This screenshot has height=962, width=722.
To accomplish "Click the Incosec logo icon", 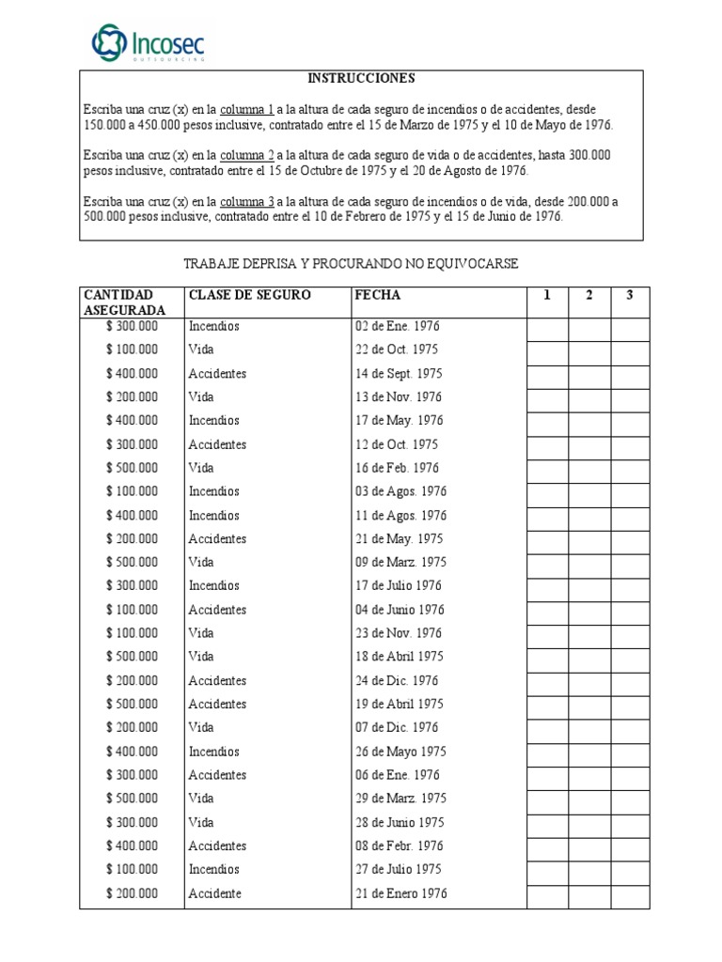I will [107, 42].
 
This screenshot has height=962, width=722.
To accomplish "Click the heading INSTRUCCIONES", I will [362, 79].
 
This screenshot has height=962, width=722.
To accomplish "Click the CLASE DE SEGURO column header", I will [249, 295].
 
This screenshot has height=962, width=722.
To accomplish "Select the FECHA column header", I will [377, 295].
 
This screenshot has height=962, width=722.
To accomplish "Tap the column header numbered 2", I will [589, 296].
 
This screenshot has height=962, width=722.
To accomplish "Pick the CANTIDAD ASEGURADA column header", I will [124, 303].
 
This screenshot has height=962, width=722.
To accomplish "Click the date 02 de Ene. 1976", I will [397, 326].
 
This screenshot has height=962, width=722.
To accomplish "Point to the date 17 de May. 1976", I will [399, 420].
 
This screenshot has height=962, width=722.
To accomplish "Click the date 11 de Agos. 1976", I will [400, 515].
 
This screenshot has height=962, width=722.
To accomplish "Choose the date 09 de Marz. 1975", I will [400, 562].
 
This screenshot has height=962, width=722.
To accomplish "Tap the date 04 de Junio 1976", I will [400, 610].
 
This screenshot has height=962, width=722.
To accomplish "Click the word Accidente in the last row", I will [214, 892].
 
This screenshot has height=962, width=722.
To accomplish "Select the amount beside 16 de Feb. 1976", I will [133, 468].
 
